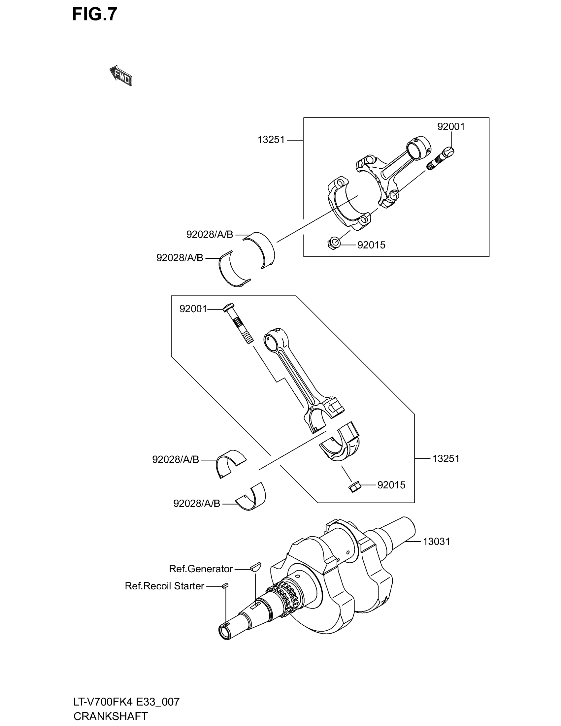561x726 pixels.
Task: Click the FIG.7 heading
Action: (x=95, y=14)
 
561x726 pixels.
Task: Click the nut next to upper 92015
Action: (x=334, y=243)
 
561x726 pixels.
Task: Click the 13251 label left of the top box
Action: (x=271, y=140)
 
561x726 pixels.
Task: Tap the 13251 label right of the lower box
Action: (x=446, y=459)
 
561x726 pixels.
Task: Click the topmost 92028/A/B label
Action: (x=210, y=235)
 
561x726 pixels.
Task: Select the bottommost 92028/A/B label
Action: (x=197, y=504)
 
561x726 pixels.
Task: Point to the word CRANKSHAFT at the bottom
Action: (x=111, y=716)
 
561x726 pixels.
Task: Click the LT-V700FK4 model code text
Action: (x=103, y=702)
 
